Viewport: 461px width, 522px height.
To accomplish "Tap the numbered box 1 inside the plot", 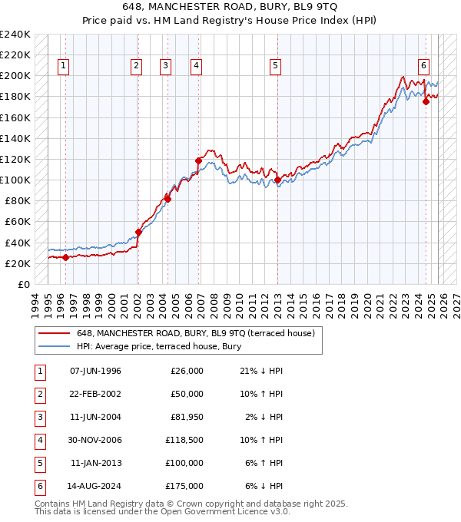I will click(x=62, y=67).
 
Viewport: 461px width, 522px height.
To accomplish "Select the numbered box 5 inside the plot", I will click(x=274, y=67).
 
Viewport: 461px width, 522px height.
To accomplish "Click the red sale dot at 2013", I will click(x=277, y=180).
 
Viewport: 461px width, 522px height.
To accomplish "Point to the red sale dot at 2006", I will click(x=198, y=161).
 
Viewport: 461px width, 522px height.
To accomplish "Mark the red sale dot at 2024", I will click(x=426, y=102).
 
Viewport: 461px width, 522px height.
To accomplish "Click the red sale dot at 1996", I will click(x=65, y=257).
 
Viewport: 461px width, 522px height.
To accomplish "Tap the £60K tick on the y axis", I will click(x=18, y=222).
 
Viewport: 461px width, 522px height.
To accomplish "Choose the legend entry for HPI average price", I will click(x=158, y=347).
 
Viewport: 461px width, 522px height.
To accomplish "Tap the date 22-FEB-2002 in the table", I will click(x=95, y=394).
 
